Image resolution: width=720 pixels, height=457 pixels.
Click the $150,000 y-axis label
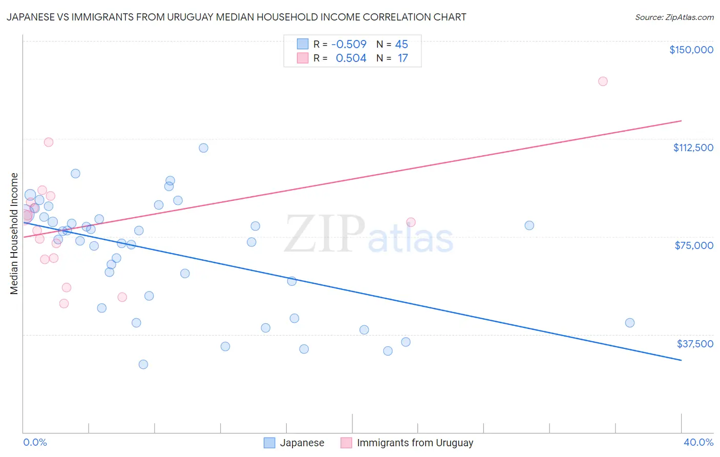coord(691,50)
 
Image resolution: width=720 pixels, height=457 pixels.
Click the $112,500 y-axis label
coord(693,148)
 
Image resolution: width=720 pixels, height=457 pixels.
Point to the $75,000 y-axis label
coord(694,245)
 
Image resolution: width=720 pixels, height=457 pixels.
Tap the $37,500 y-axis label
coord(695,344)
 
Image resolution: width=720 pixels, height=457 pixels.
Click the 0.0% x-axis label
coord(35,442)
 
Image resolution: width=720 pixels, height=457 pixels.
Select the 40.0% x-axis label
coord(698,442)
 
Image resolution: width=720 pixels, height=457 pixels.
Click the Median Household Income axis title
coord(14,234)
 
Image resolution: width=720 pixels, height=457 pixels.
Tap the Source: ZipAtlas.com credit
coord(674,17)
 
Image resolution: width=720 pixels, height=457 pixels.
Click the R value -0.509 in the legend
coord(349,45)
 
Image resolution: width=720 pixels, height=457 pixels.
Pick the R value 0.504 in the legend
coord(351,58)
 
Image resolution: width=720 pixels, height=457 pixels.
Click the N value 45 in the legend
coord(401,45)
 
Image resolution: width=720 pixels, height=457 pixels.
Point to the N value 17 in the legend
coord(403,58)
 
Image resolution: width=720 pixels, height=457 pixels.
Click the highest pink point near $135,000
coord(603,81)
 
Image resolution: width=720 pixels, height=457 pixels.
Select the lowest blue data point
coord(143,364)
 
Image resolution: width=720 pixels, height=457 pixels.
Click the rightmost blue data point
coord(630,323)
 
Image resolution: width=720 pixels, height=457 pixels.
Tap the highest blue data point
coord(203,148)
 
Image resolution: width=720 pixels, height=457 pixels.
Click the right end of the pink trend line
coord(681,121)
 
